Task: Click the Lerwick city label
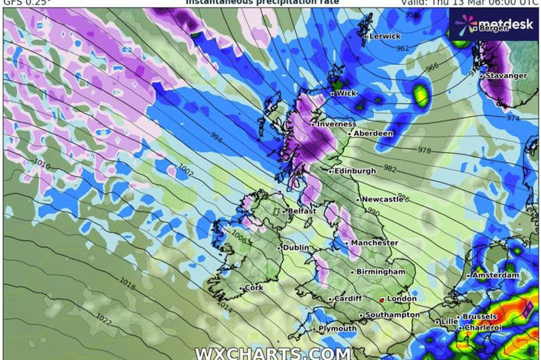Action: (x=385, y=36)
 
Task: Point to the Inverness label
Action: (x=337, y=124)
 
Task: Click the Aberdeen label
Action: (x=373, y=133)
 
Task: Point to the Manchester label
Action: (x=374, y=243)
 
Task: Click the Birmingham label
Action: (x=380, y=271)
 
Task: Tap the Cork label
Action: (x=253, y=288)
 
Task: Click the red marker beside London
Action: (x=382, y=299)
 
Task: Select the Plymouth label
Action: (x=337, y=329)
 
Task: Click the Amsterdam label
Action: (x=495, y=275)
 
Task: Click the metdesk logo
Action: (x=493, y=23)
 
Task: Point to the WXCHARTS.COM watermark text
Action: (x=272, y=353)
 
